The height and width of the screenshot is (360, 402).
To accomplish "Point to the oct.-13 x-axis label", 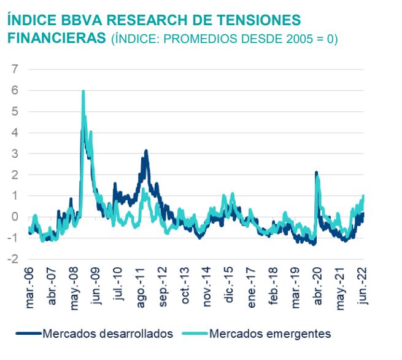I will click(x=185, y=286).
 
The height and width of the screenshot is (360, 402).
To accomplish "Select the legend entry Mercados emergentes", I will click(x=269, y=334).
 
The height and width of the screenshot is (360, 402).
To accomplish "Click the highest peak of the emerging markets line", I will click(x=83, y=92).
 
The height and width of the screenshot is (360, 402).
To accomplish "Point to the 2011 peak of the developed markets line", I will click(x=146, y=151).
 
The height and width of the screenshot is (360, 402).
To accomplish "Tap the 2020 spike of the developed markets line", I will click(x=315, y=173).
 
